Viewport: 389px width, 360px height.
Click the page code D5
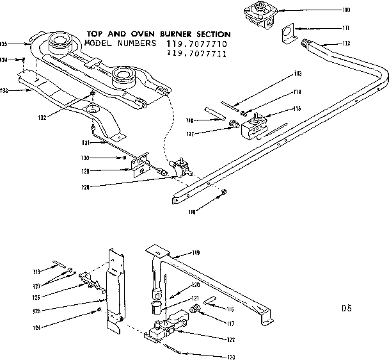coord(346,308)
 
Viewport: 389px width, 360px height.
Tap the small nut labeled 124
coord(100,310)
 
